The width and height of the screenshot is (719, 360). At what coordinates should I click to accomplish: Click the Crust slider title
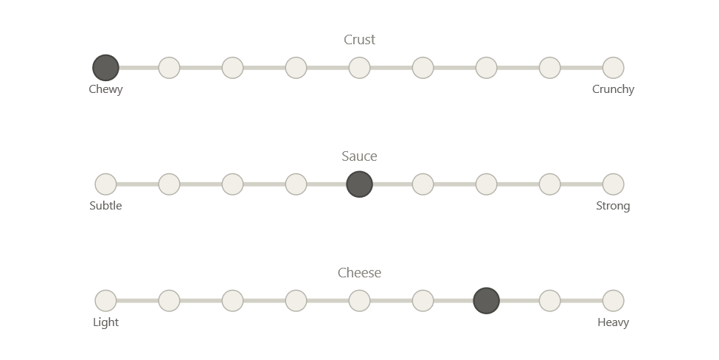360,40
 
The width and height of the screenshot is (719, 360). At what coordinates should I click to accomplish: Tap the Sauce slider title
360,156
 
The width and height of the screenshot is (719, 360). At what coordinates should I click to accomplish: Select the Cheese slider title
360,273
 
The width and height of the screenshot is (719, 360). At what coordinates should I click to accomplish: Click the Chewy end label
105,89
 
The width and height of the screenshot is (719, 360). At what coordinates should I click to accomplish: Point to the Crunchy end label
614,89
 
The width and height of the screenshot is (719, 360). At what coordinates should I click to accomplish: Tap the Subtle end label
105,206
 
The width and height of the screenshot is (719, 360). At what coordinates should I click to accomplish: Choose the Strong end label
614,206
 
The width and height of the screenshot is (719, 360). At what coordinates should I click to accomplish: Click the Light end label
105,322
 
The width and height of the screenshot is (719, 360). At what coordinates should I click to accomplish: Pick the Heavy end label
614,322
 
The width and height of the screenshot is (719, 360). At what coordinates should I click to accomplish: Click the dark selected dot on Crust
105,68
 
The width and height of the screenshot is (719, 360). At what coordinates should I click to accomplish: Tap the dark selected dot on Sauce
360,184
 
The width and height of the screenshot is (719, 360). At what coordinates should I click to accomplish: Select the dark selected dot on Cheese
487,301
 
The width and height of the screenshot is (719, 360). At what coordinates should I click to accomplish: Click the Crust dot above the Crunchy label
614,68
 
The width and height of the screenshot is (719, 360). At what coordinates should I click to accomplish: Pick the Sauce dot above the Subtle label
105,184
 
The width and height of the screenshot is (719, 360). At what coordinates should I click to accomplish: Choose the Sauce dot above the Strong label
614,184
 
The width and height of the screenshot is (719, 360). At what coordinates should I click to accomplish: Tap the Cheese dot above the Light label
105,301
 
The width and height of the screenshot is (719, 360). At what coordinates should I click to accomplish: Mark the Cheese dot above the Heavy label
614,301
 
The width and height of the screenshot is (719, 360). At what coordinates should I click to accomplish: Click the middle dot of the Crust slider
360,68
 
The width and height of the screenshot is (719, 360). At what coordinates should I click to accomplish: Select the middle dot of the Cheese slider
360,301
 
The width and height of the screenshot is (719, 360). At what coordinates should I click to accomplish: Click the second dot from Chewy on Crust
169,68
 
